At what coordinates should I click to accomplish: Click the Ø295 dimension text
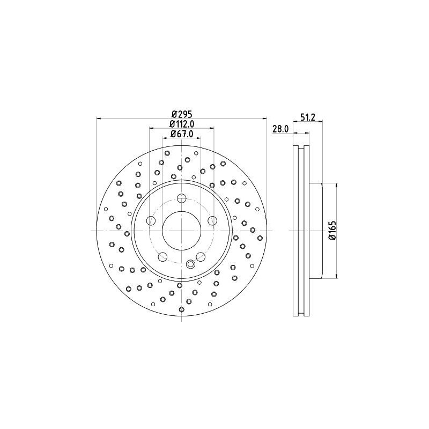coord(182,114)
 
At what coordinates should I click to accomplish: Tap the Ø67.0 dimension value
coord(182,134)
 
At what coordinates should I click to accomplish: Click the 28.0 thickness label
coord(280,129)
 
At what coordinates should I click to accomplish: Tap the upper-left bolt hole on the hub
coord(151,220)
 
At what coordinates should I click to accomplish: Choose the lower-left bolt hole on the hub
coord(162,256)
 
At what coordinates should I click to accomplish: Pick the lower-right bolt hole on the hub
coord(201,256)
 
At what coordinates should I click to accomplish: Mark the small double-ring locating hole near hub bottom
coord(190,263)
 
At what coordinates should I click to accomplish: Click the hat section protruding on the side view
coord(316,231)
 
